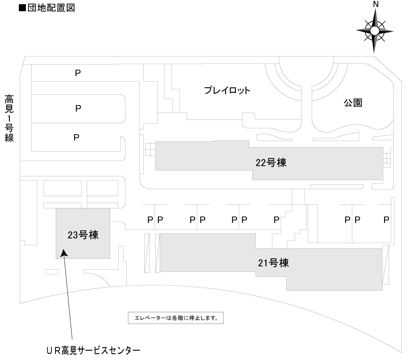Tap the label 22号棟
click(271, 163)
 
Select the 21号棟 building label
click(273, 263)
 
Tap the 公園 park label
click(353, 103)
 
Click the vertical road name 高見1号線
click(9, 119)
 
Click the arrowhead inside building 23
click(64, 253)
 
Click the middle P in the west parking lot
click(78, 109)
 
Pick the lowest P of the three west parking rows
click(77, 138)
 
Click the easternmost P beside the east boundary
click(386, 220)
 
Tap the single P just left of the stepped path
click(276, 220)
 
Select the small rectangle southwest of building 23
click(52, 272)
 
